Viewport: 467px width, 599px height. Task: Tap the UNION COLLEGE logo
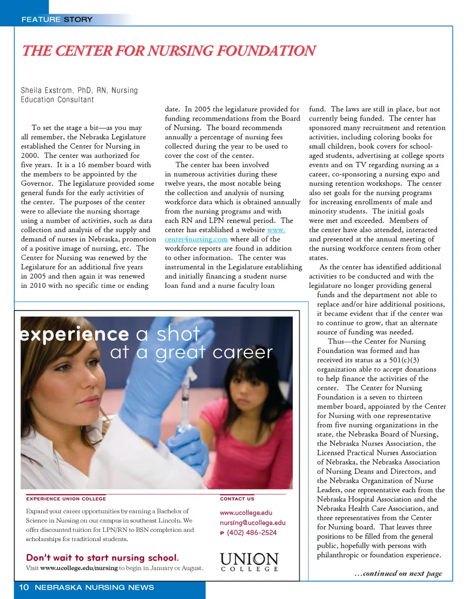pyautogui.click(x=250, y=562)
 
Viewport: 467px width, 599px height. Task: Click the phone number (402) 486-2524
pyautogui.click(x=251, y=533)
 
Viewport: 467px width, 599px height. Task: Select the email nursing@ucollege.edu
pyautogui.click(x=252, y=523)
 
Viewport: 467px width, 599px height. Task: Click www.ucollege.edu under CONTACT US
pyautogui.click(x=246, y=513)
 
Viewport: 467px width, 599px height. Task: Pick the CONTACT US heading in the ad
pyautogui.click(x=237, y=499)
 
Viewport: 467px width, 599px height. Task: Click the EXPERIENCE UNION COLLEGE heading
pyautogui.click(x=66, y=499)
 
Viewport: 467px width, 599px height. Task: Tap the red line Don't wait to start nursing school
pyautogui.click(x=102, y=557)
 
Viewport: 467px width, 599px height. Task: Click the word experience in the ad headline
pyautogui.click(x=74, y=335)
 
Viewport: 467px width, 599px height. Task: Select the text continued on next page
pyautogui.click(x=398, y=574)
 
